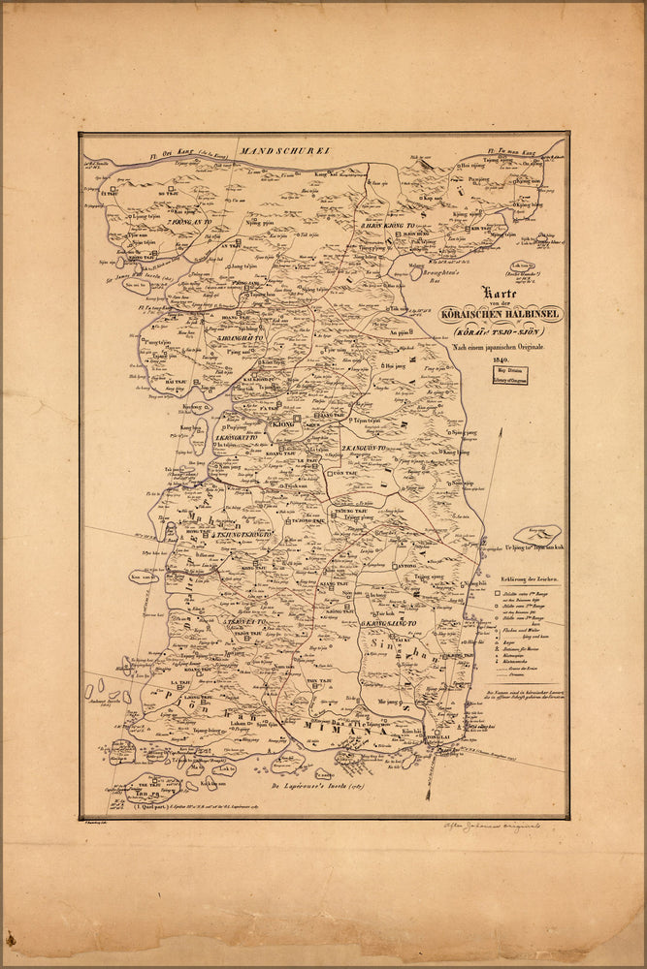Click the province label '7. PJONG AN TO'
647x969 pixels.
coord(189,222)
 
